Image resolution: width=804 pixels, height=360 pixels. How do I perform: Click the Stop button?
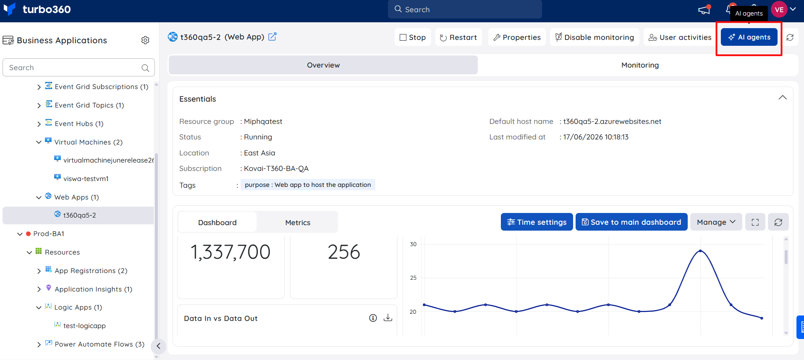click(413, 37)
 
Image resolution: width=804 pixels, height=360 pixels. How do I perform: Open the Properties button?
click(517, 37)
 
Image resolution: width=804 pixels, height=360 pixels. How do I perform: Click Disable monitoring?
click(594, 37)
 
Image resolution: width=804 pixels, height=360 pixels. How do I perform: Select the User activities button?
click(680, 37)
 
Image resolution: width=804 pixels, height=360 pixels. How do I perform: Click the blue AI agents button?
click(749, 37)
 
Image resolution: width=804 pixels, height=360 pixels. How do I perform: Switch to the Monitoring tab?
click(640, 65)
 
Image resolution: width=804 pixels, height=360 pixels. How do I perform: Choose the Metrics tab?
click(298, 223)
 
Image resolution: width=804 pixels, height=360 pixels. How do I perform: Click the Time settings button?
click(537, 222)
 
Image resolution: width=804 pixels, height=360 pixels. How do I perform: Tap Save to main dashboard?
click(631, 222)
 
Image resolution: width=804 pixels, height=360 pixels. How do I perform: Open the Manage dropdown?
click(716, 222)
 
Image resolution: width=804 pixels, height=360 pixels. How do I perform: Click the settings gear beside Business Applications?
click(145, 40)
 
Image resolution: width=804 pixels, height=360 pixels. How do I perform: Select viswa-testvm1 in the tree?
click(86, 179)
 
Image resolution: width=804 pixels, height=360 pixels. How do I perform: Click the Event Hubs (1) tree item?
click(79, 124)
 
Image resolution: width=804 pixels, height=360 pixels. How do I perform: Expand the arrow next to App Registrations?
click(39, 271)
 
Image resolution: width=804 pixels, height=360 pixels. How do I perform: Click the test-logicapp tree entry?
click(84, 326)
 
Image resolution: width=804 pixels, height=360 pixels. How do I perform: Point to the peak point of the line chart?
click(700, 251)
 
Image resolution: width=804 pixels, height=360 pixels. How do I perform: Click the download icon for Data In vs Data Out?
click(388, 318)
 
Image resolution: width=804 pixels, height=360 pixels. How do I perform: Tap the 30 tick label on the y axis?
click(413, 244)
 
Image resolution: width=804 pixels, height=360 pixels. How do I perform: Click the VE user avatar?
click(779, 10)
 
